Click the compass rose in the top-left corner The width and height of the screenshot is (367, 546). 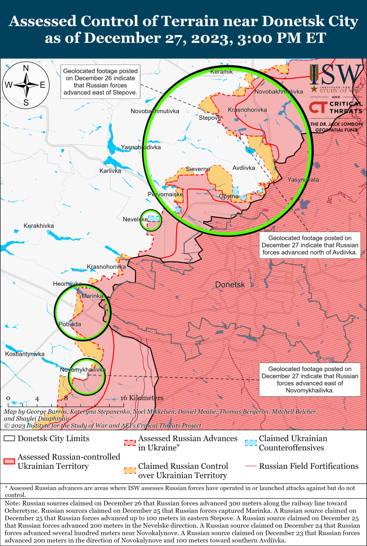pyautogui.click(x=26, y=85)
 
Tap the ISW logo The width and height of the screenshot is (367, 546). pyautogui.click(x=336, y=75)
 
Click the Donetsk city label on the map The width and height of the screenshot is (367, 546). pyautogui.click(x=230, y=285)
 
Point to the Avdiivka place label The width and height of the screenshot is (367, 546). pyautogui.click(x=244, y=168)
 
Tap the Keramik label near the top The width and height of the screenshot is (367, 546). pyautogui.click(x=221, y=72)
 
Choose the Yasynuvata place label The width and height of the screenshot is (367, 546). pyautogui.click(x=303, y=180)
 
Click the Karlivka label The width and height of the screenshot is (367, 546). pyautogui.click(x=110, y=171)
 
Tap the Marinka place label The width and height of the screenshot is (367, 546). pyautogui.click(x=92, y=296)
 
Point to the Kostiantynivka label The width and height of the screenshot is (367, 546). pyautogui.click(x=25, y=354)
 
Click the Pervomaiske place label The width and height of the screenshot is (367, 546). pyautogui.click(x=165, y=194)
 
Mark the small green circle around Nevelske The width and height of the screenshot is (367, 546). pyautogui.click(x=151, y=220)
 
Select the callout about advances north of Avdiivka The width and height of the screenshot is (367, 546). pyautogui.click(x=310, y=245)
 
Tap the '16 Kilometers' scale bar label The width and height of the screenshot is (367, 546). pyautogui.click(x=142, y=398)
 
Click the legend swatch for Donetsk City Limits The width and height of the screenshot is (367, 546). pyautogui.click(x=9, y=439)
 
